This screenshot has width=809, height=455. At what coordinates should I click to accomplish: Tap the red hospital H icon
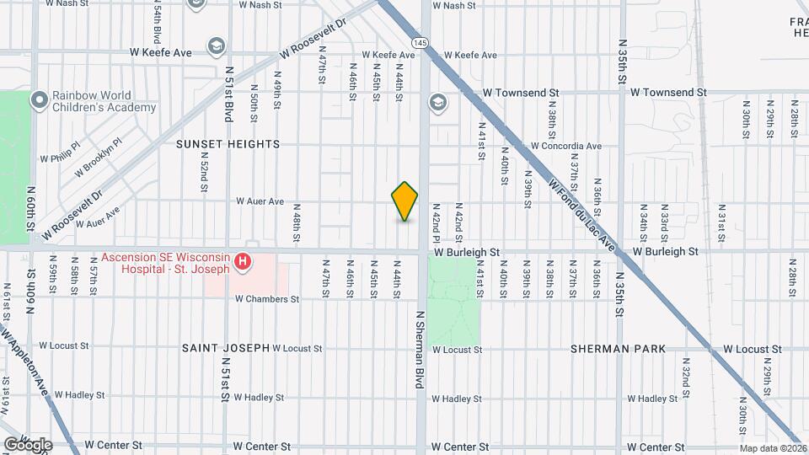(x=243, y=263)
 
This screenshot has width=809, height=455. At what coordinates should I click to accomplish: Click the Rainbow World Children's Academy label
(x=104, y=102)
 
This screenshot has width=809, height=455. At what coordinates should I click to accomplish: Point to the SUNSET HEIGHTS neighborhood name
(x=228, y=144)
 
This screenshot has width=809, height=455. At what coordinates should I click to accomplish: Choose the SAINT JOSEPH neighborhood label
(x=226, y=347)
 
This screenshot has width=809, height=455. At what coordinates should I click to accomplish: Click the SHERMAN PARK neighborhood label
(x=618, y=348)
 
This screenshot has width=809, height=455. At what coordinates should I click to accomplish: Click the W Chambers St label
(x=267, y=299)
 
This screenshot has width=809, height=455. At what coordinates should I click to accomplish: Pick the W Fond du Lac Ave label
(x=582, y=216)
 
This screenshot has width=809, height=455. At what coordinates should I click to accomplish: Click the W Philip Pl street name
(x=59, y=157)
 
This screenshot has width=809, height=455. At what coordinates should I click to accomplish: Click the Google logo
(x=28, y=444)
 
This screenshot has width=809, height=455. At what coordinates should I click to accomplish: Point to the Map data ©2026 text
(x=773, y=448)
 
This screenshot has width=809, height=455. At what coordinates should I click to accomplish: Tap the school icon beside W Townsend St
(x=437, y=103)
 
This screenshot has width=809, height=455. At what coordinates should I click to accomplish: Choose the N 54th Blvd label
(x=158, y=23)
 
